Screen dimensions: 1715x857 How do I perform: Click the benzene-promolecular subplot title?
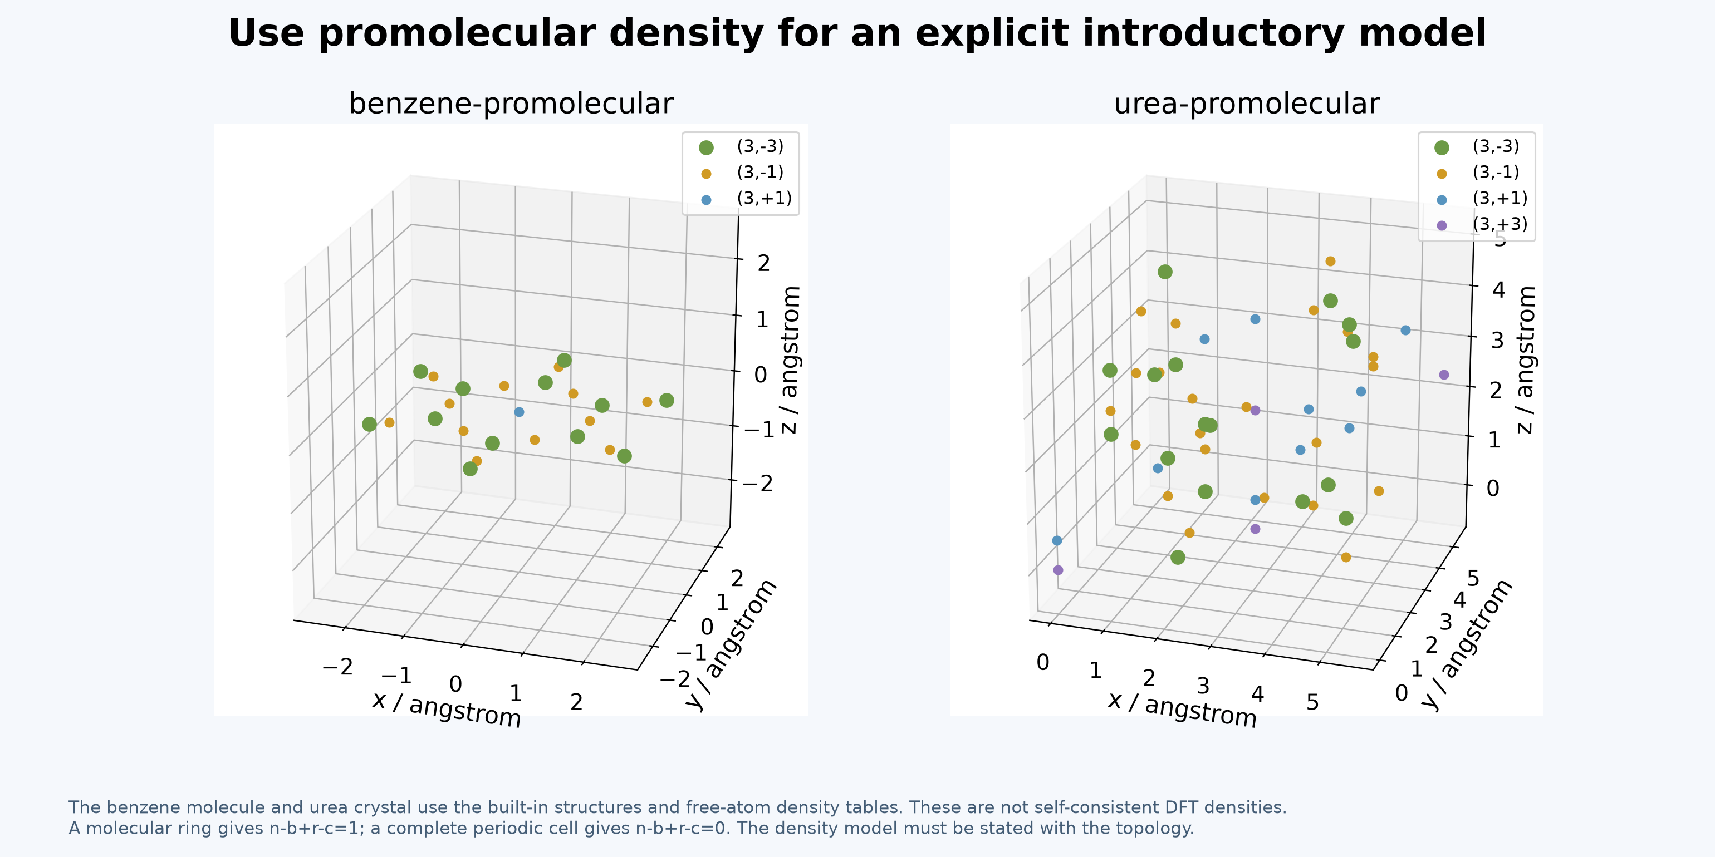511,104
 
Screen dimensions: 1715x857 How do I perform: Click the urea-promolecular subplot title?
1246,104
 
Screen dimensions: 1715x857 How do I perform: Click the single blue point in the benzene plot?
520,412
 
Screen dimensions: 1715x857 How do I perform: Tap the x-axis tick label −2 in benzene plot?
337,667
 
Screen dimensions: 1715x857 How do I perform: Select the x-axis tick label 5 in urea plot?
1312,702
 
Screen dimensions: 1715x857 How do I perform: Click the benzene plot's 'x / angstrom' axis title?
447,710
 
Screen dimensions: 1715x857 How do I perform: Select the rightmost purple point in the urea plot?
1444,375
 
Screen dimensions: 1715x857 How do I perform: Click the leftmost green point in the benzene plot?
370,425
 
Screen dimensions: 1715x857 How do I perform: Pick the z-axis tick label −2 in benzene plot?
758,484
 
